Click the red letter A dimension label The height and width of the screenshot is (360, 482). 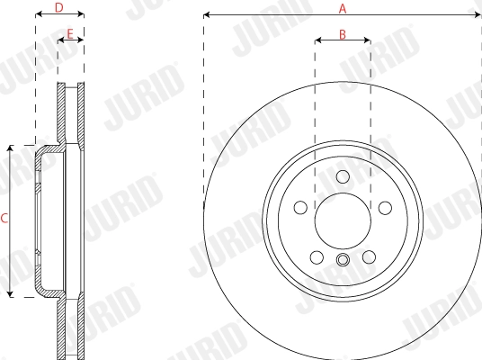[x=342, y=8]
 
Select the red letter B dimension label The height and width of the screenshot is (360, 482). [x=342, y=33]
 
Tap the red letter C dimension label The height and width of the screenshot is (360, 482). [x=4, y=218]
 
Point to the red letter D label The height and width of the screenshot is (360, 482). [x=58, y=8]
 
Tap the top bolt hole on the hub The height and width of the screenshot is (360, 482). [x=342, y=175]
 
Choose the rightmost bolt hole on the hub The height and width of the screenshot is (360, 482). [x=385, y=208]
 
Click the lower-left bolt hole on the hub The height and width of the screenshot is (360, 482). [x=316, y=257]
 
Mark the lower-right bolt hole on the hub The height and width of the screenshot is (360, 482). [x=369, y=257]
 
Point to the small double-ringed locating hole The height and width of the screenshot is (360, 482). [x=342, y=262]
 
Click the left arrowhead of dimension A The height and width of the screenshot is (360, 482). [x=208, y=15]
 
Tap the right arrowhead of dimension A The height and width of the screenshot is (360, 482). [x=477, y=15]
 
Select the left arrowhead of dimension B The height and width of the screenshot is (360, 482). [x=318, y=40]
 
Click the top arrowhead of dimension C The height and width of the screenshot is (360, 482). [x=11, y=148]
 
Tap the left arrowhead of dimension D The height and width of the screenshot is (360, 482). [x=39, y=15]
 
